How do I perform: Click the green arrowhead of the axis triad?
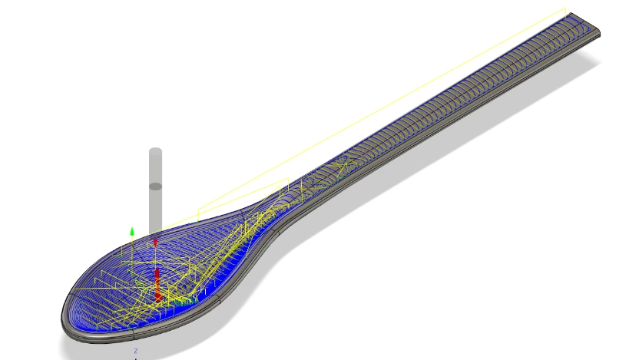(x=132, y=231)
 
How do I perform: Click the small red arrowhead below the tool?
(x=155, y=243)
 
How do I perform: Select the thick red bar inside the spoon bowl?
(x=157, y=284)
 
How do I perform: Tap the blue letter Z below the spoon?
(x=136, y=351)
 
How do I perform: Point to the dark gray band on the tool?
(x=156, y=186)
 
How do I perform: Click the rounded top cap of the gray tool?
(x=156, y=151)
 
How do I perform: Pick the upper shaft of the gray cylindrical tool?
(x=156, y=168)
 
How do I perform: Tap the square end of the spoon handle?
(x=585, y=25)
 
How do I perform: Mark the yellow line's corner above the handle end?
(x=565, y=8)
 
